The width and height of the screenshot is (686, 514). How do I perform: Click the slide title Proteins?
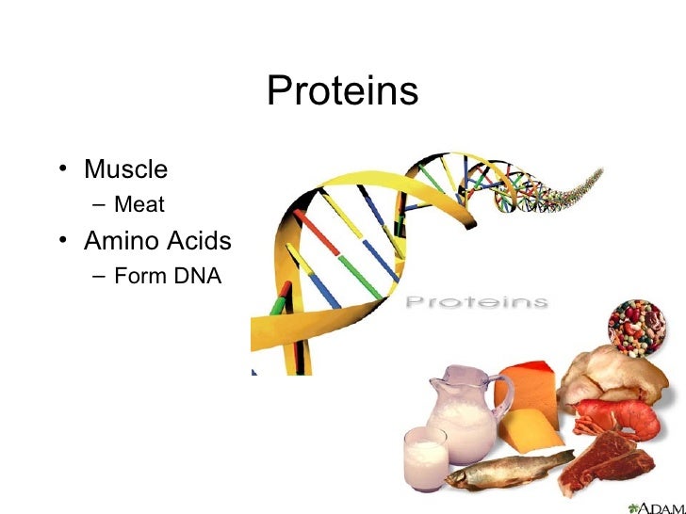[342, 91]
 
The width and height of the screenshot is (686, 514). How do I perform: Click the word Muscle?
[125, 170]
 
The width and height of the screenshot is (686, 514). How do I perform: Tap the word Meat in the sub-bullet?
[139, 204]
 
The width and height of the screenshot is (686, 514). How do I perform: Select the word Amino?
[118, 241]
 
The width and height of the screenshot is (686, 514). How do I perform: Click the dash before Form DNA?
[98, 276]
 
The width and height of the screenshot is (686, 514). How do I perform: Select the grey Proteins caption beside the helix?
[476, 302]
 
